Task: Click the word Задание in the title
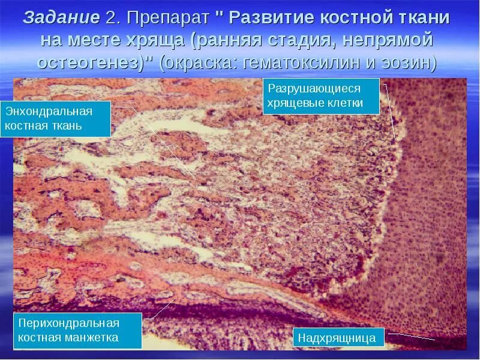61,17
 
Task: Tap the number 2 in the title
112,17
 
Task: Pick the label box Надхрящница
337,338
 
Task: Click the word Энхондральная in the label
49,112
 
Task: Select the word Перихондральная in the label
69,323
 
